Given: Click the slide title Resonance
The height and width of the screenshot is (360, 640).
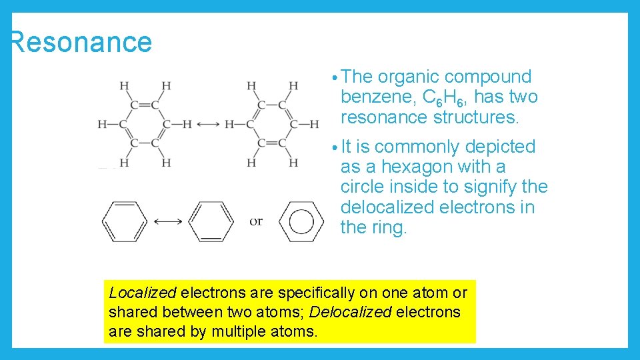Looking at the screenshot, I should pos(81,42).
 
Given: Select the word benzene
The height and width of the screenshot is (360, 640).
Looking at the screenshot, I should pos(378,97).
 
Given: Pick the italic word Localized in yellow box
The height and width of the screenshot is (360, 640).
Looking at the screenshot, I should pos(142,293).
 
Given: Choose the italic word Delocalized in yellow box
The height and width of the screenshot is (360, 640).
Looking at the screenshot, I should pos(350,312).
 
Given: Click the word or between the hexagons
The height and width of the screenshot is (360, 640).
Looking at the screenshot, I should pos(256,221).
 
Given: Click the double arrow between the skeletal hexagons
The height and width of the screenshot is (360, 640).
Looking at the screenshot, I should pos(167,221).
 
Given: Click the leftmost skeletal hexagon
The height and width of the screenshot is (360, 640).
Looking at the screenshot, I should pos(124,221).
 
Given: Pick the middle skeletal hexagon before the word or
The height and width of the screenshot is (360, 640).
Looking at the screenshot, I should pos(211,221).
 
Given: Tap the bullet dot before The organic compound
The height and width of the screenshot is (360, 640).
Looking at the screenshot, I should pos(334,78).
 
